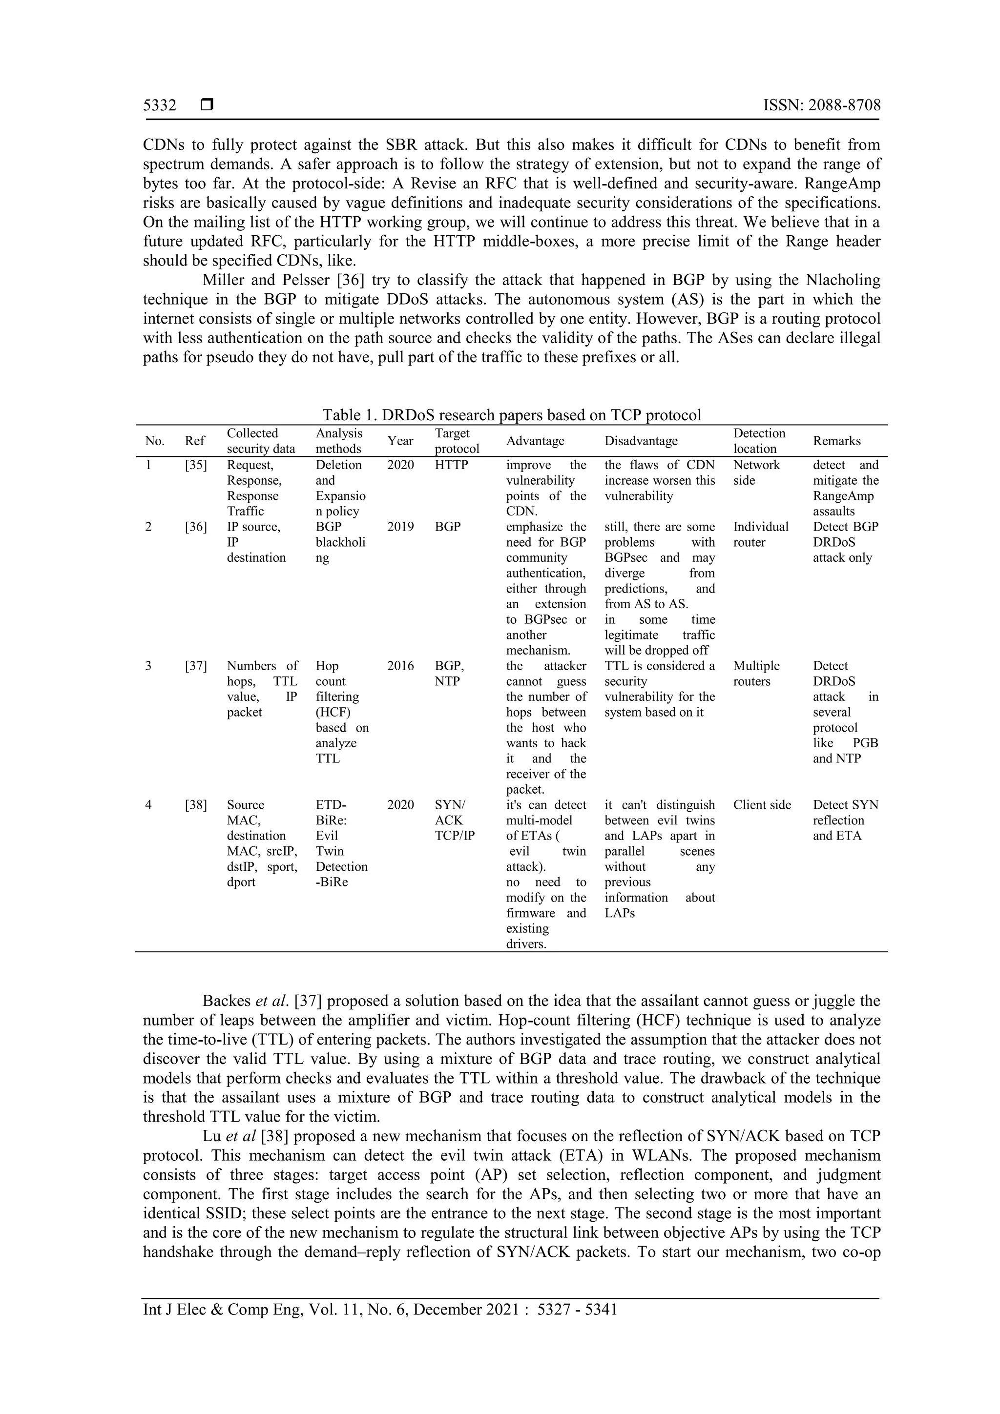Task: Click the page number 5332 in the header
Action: tap(160, 105)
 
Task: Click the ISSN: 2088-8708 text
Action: tap(821, 105)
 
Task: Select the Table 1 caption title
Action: tap(511, 414)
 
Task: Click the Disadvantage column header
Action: tap(640, 441)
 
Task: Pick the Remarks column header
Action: tap(836, 441)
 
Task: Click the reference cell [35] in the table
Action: tap(195, 465)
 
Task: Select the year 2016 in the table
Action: tap(400, 666)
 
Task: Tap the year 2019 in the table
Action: tap(400, 527)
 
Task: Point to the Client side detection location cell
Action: tap(762, 805)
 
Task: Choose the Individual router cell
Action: tap(760, 534)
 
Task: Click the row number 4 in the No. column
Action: tap(148, 805)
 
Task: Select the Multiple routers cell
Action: tap(756, 673)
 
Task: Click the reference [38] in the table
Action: tap(195, 805)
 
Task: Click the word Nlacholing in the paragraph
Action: tap(842, 280)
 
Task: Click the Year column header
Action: tap(400, 441)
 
